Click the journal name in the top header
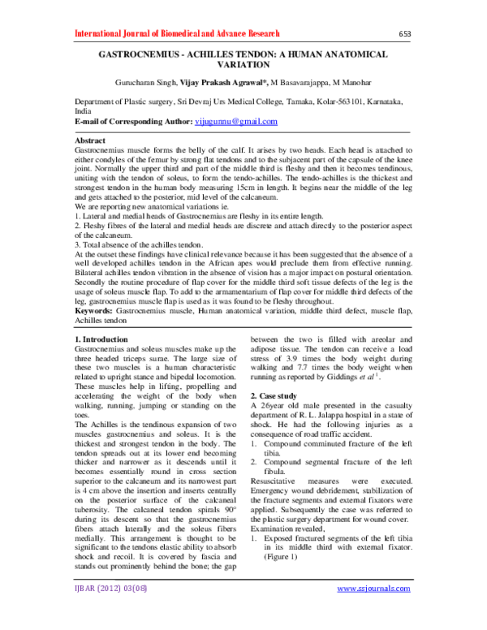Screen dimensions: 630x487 pos(176,33)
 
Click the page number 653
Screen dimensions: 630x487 pos(407,34)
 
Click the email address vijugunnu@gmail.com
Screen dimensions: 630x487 pos(237,121)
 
